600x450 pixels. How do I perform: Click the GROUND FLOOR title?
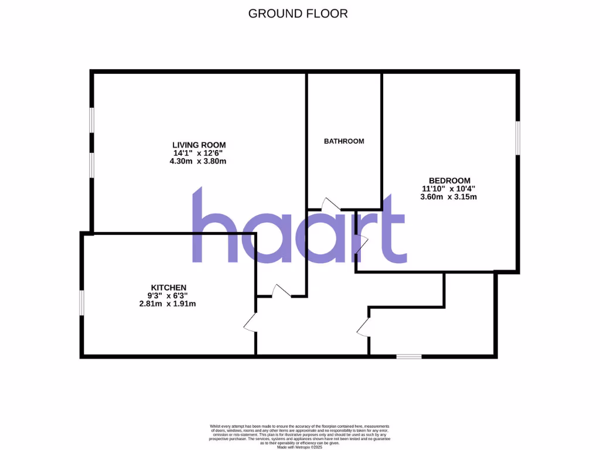coord(298,13)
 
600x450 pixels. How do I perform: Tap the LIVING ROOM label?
coord(199,145)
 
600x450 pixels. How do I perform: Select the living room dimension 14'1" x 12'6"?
coord(199,153)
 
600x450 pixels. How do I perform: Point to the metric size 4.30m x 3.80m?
coord(199,161)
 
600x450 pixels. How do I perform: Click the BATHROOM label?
coord(344,141)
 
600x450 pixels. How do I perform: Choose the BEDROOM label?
coord(449,180)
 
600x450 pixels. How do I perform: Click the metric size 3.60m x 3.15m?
coord(449,197)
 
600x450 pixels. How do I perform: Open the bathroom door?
coord(330,204)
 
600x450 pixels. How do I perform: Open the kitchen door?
coord(250,322)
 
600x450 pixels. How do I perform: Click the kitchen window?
coord(82,303)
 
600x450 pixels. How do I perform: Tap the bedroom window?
coord(517,138)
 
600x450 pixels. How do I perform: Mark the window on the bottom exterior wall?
coord(408,356)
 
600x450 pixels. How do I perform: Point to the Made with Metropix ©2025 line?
coord(300,447)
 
